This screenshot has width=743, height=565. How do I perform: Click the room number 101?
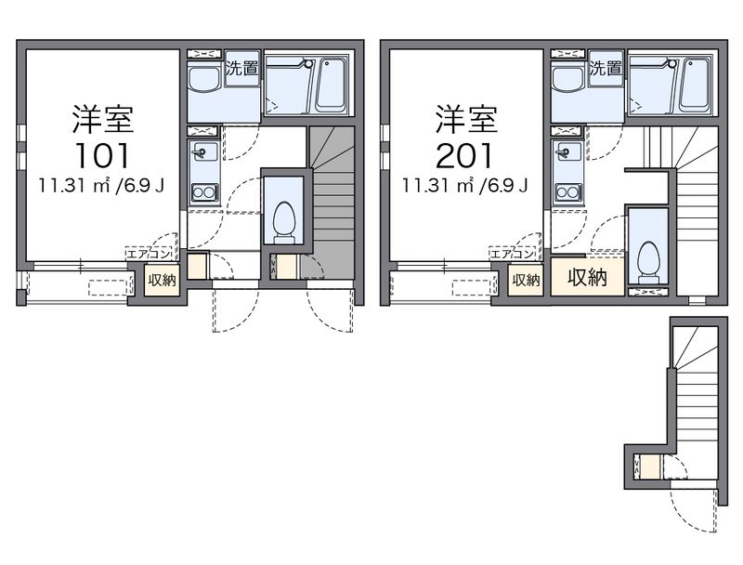point(103,152)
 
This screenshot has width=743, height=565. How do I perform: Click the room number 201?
point(467,152)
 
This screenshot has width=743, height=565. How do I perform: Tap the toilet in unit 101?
point(285,224)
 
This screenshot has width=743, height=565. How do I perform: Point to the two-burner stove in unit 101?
point(203,192)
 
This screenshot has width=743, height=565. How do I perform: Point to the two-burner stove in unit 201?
point(567,192)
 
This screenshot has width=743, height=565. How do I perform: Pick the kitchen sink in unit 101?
point(203,151)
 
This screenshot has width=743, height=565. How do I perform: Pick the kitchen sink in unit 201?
point(567,151)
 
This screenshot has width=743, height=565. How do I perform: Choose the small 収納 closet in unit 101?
point(161,280)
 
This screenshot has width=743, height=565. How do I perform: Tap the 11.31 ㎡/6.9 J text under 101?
point(102,184)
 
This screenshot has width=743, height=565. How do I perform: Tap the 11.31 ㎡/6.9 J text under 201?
point(466,184)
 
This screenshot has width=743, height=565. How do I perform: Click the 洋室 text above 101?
point(103,119)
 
